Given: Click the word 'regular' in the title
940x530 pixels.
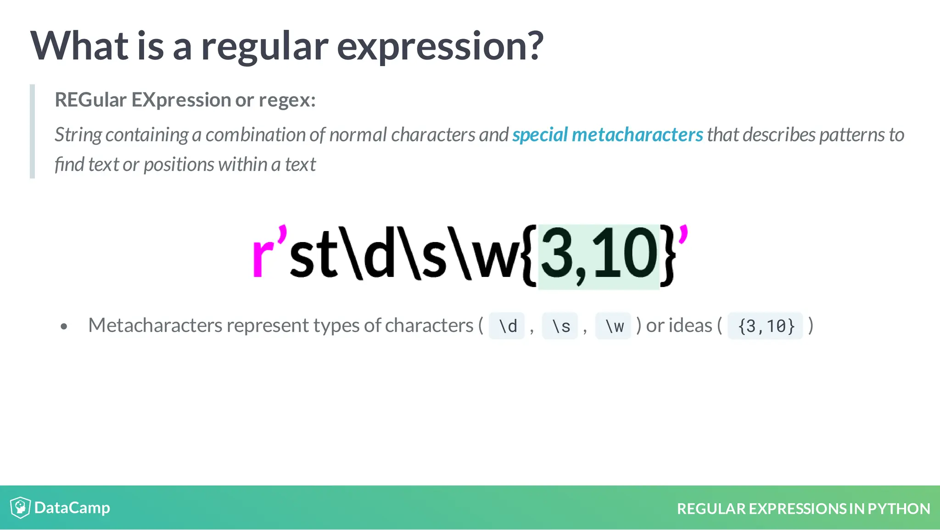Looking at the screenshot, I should point(264,47).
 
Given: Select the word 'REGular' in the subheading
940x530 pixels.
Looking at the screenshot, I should point(90,100).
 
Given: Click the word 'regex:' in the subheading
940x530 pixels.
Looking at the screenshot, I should point(287,100).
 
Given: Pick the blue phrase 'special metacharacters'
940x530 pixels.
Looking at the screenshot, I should point(607,135).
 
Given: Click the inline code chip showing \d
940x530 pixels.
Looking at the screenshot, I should point(507,326).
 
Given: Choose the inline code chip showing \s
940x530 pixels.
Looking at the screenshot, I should point(560,326).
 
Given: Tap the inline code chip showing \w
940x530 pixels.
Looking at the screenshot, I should point(614,326).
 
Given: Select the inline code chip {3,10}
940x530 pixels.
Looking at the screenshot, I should point(766,326).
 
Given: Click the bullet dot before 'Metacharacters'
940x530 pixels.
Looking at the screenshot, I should point(64,327).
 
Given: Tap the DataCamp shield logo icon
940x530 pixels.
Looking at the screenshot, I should point(20,507).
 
